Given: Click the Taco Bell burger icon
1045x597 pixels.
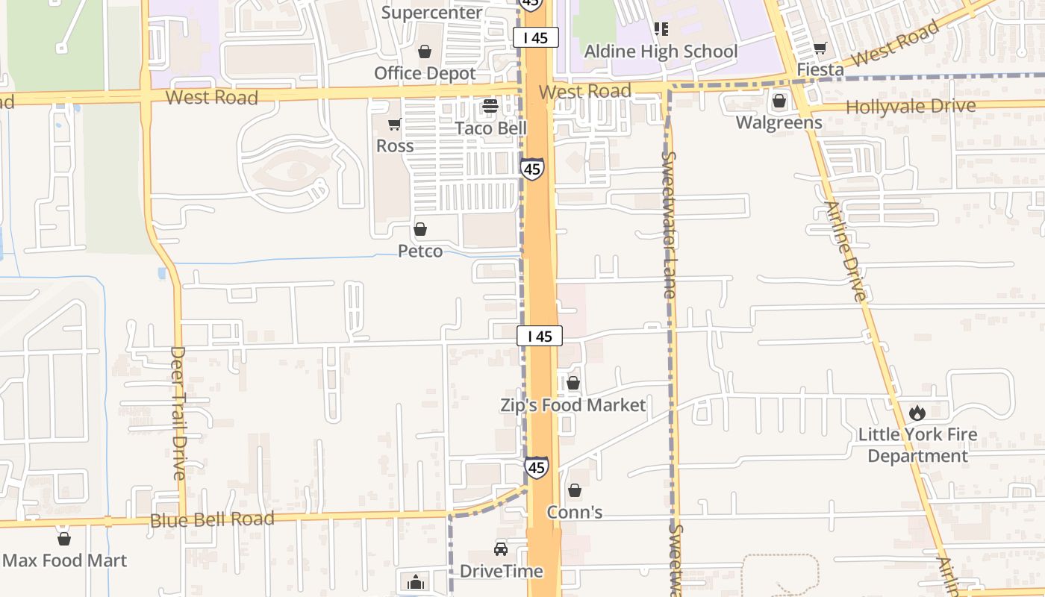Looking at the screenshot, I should pyautogui.click(x=490, y=106).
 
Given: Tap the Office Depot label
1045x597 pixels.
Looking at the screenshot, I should pyautogui.click(x=425, y=73).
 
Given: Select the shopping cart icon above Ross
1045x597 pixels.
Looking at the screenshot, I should pyautogui.click(x=394, y=124).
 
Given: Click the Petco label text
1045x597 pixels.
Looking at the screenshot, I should pyautogui.click(x=420, y=251).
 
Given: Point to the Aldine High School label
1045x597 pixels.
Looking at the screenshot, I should pyautogui.click(x=661, y=51).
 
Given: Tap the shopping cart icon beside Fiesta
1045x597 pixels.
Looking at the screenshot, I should pyautogui.click(x=820, y=49).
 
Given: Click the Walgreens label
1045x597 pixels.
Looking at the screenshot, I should pyautogui.click(x=779, y=122).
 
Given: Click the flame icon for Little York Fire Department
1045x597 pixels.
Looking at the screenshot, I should pyautogui.click(x=917, y=413).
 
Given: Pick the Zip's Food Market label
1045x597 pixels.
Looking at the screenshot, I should pyautogui.click(x=573, y=405).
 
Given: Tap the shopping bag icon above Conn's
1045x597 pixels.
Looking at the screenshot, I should pyautogui.click(x=574, y=490).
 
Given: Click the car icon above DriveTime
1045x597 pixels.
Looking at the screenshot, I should pyautogui.click(x=501, y=549).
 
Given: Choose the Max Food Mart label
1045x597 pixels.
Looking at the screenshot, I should pyautogui.click(x=64, y=560).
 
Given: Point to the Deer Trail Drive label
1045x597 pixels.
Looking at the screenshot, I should pyautogui.click(x=178, y=412).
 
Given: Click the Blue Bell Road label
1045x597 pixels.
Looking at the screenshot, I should pyautogui.click(x=212, y=519).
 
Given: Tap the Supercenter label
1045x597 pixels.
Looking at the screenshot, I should pyautogui.click(x=432, y=13).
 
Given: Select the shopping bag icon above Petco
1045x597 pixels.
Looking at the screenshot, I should pyautogui.click(x=420, y=229).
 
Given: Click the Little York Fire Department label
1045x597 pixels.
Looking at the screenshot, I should pyautogui.click(x=917, y=445).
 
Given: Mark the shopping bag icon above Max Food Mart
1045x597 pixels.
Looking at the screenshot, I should pyautogui.click(x=64, y=539).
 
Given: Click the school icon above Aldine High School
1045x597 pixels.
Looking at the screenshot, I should pyautogui.click(x=661, y=29).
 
